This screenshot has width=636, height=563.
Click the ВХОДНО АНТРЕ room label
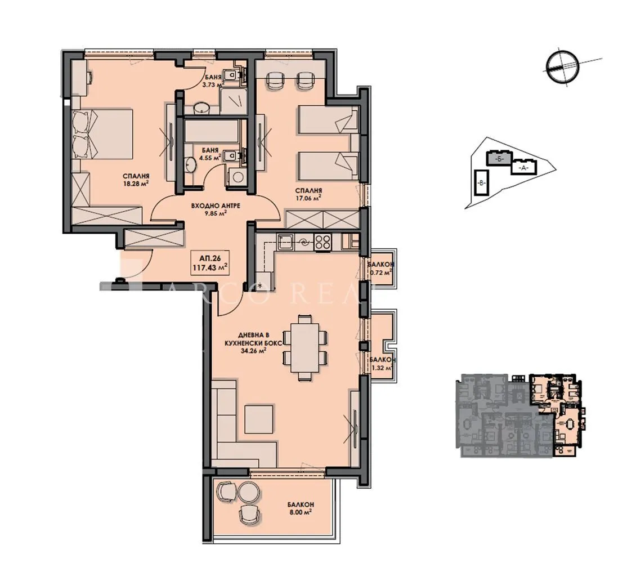point(216,210)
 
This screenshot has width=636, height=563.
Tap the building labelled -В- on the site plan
point(481,182)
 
